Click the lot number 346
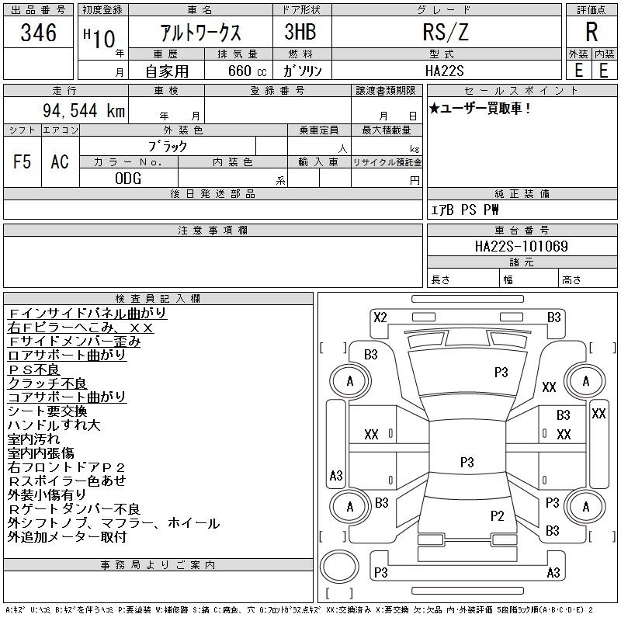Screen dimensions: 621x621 (39, 33)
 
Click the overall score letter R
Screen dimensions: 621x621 (592, 33)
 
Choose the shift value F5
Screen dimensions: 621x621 (23, 162)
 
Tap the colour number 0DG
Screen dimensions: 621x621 (128, 179)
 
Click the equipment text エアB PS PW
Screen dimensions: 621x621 (465, 210)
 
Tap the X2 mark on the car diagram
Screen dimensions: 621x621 (380, 317)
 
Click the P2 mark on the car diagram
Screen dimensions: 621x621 (498, 515)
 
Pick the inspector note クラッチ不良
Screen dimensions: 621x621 (47, 383)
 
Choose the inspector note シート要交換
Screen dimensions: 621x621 (47, 411)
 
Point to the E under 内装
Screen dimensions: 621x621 (603, 70)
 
